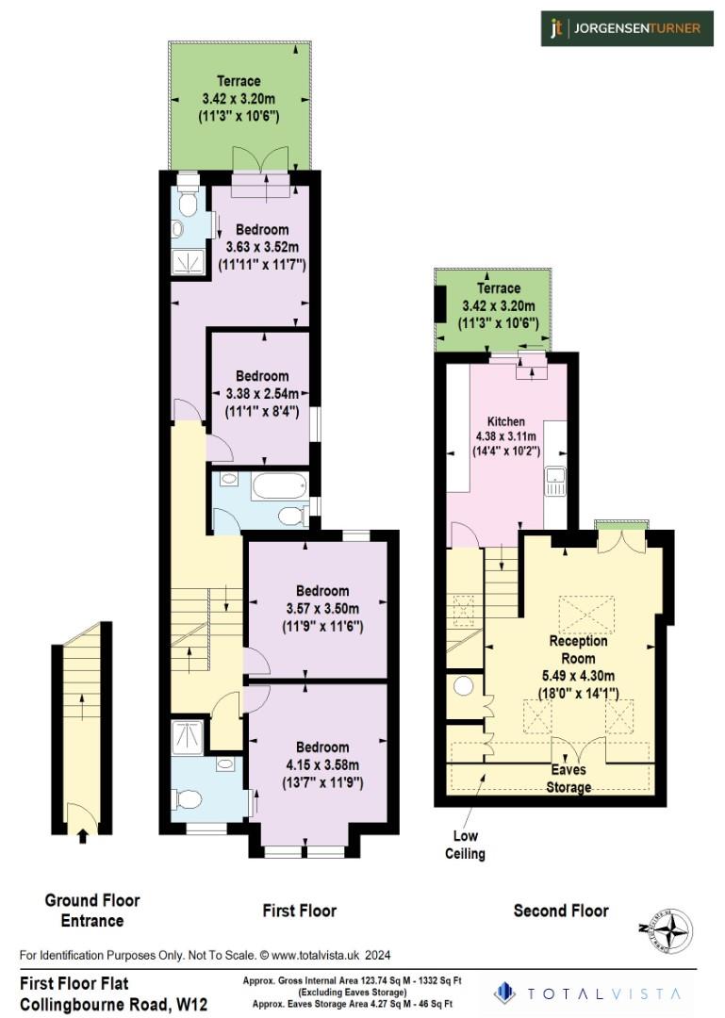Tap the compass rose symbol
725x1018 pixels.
[670, 933]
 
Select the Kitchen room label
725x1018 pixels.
[505, 420]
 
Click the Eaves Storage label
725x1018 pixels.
[568, 779]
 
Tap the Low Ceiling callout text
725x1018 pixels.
[466, 846]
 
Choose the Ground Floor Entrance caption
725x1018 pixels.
[91, 911]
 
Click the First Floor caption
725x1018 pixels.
[299, 911]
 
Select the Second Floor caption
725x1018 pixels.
[561, 911]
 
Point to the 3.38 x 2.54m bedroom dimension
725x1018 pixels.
[261, 393]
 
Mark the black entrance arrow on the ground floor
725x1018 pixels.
[82, 834]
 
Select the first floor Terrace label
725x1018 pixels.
[239, 81]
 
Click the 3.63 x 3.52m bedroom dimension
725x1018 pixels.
[261, 247]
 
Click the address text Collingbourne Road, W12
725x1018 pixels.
[113, 1004]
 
